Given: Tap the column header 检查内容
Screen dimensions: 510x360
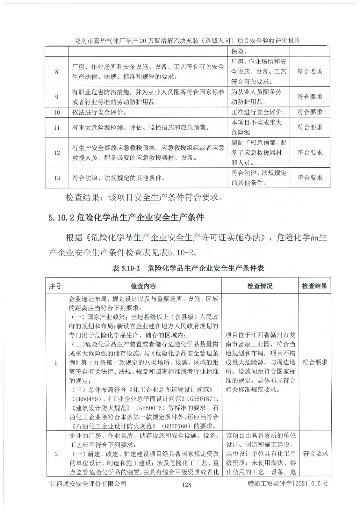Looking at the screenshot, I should (143, 286).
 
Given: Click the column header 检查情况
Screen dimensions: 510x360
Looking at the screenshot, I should (260, 286).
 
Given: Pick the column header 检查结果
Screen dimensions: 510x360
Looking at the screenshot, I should (314, 286).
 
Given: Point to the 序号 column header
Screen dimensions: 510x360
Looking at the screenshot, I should (55, 286).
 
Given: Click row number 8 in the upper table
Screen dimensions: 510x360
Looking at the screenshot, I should (57, 72).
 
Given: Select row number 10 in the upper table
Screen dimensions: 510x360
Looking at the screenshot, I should (57, 112).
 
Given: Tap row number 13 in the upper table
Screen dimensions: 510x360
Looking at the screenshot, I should (57, 178).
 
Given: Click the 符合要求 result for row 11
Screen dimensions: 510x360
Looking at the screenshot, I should (310, 127).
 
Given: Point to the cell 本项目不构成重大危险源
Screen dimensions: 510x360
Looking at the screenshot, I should (256, 127).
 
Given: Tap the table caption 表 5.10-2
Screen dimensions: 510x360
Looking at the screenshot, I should (188, 268).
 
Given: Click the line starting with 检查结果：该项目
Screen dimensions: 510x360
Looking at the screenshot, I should (144, 197).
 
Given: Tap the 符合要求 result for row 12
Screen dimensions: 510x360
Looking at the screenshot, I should (310, 152).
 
